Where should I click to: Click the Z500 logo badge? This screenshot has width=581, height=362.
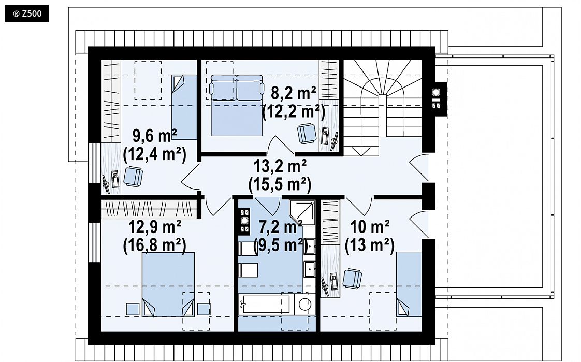27,14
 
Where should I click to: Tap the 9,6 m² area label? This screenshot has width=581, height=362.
154,136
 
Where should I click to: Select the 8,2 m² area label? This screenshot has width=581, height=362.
294,93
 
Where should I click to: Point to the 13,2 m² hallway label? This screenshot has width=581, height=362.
280,166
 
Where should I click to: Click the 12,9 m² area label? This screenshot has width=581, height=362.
154,227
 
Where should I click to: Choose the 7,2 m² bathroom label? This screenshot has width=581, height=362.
281,227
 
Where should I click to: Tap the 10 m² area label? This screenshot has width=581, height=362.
370,227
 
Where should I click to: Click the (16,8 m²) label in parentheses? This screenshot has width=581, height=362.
154,245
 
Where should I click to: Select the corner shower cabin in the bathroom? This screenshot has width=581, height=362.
302,213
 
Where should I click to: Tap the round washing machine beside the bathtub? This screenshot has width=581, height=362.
305,304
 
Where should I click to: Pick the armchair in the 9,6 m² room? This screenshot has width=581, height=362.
133,177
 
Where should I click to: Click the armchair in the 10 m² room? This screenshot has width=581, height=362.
352,279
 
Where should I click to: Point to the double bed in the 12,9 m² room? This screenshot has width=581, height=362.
168,284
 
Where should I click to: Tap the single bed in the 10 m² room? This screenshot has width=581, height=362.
409,284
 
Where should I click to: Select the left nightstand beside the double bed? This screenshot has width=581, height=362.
133,309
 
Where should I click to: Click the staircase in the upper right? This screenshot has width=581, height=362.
382,107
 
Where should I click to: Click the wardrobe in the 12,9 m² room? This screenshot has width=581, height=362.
151,209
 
